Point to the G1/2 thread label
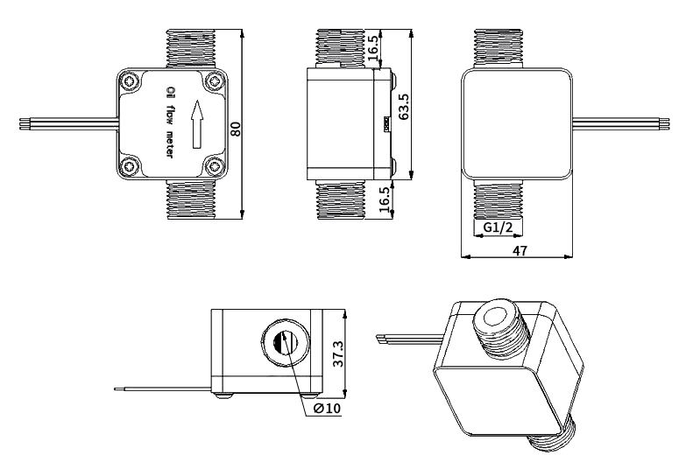498,229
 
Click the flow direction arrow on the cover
196,123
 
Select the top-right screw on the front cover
215,82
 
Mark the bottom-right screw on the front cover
215,166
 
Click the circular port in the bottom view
285,344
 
